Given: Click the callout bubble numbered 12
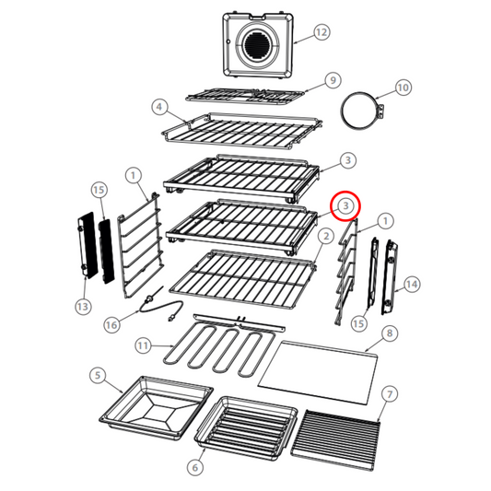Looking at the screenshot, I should (x=320, y=33).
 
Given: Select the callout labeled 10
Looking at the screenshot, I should (x=403, y=88).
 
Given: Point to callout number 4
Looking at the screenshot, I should (x=159, y=108).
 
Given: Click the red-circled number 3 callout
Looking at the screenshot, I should (x=345, y=205).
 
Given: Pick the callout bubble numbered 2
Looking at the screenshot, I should (x=324, y=237).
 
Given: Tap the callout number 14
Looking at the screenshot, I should (x=412, y=285).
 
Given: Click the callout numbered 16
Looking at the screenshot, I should (x=111, y=324).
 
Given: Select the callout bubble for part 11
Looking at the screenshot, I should (x=143, y=345).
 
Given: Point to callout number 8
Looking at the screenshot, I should (x=390, y=333).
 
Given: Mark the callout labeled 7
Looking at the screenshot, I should (x=390, y=394).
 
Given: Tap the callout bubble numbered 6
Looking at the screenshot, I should (x=194, y=467).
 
